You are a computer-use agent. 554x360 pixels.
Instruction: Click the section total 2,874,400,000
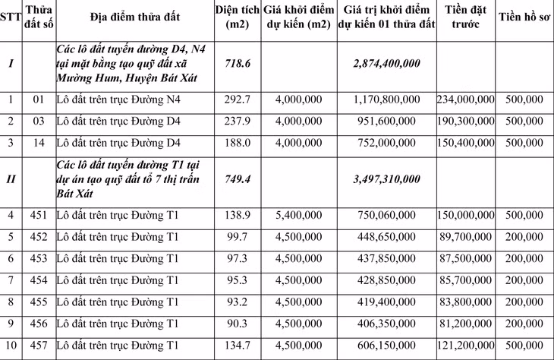tap(388, 65)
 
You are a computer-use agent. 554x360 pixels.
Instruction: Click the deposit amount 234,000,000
tap(466, 99)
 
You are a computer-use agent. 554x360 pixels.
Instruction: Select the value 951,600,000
tap(388, 122)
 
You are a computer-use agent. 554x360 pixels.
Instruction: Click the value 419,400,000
tap(388, 302)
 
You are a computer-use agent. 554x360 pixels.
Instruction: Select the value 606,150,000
tap(388, 346)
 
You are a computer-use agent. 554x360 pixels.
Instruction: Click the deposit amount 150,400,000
tap(466, 143)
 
